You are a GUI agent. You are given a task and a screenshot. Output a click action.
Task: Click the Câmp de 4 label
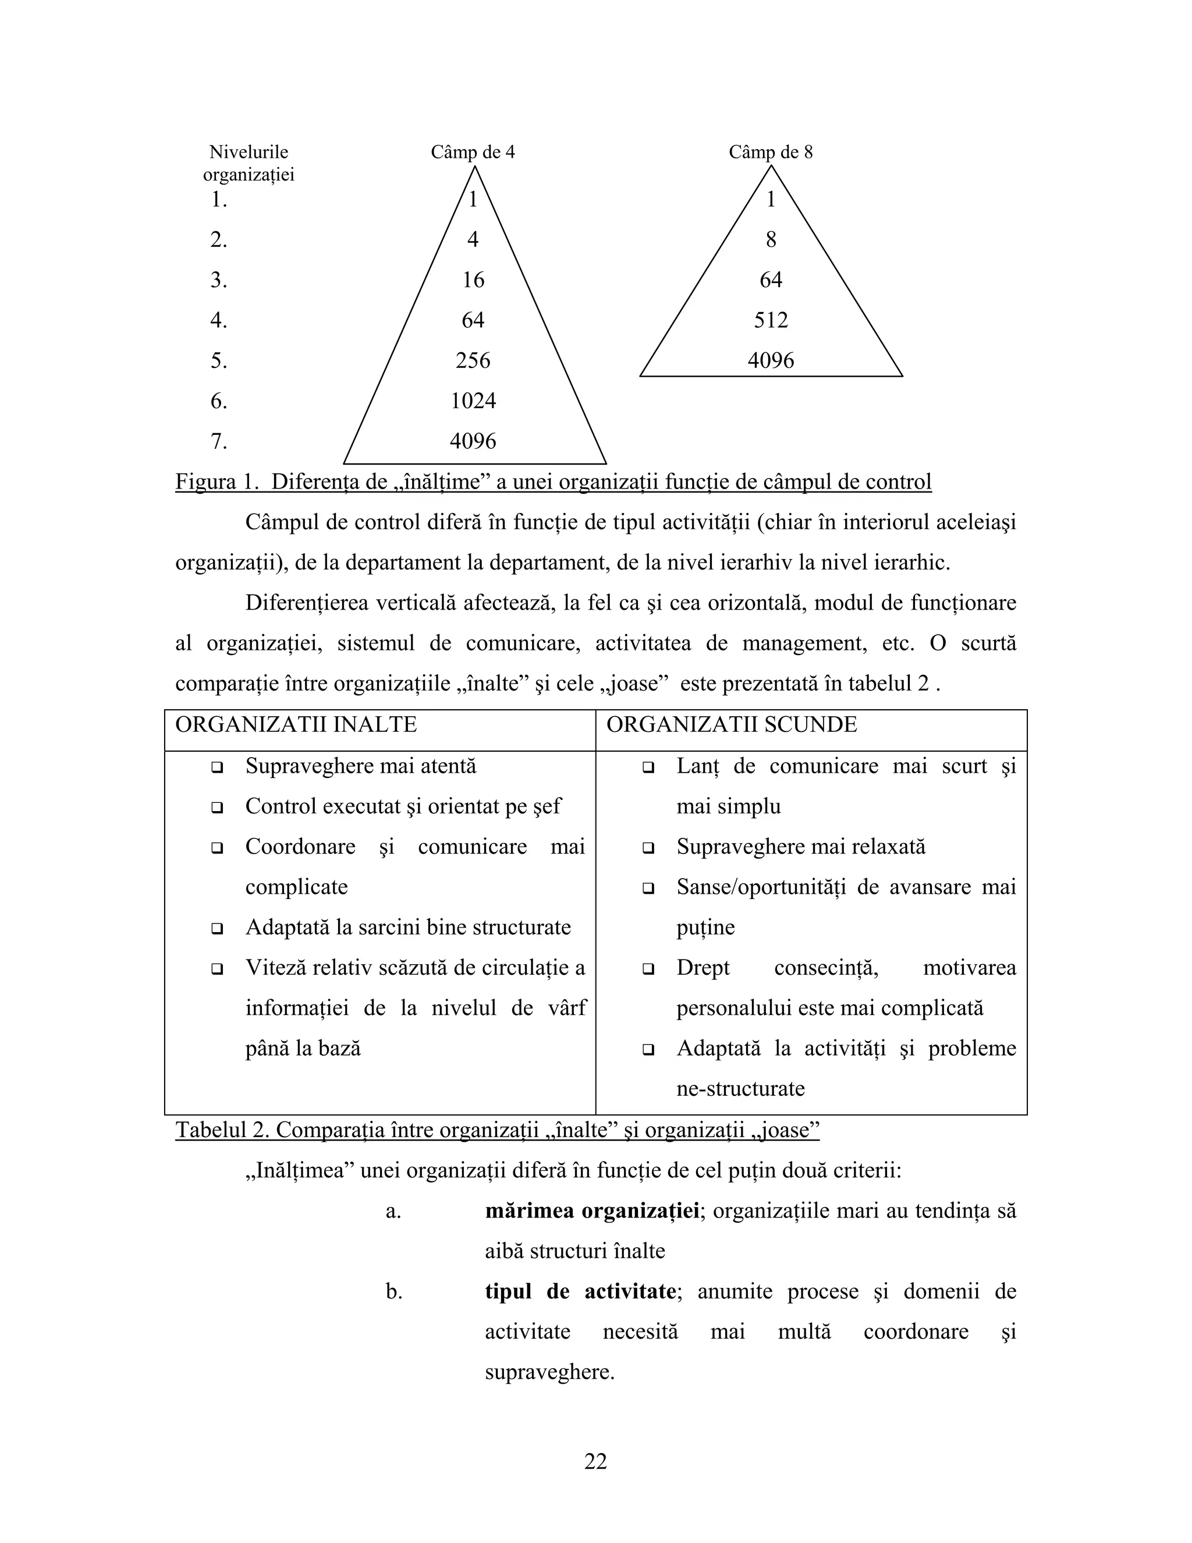pos(473,153)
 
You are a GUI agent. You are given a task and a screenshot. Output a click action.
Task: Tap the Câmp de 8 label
pos(771,153)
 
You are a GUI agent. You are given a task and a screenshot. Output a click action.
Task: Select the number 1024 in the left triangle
pos(473,401)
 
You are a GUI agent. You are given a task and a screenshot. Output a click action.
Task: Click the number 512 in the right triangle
pos(771,321)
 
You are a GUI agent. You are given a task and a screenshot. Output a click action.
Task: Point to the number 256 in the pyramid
pos(473,361)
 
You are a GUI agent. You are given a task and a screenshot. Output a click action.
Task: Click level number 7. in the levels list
pos(219,441)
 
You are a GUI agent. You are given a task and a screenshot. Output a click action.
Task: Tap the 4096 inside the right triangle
pos(771,361)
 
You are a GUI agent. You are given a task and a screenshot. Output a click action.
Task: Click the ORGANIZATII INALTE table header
pos(296,725)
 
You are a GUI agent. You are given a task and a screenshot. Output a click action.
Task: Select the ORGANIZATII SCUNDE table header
pos(732,725)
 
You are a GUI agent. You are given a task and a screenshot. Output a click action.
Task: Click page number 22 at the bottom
pos(595,1461)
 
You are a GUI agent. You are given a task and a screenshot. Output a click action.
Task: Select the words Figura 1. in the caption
pos(217,483)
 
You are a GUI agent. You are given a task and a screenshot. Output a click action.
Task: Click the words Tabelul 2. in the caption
pos(222,1130)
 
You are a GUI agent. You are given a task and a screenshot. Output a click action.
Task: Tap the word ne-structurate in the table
pos(740,1089)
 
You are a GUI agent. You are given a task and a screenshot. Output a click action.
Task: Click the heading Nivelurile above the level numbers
pos(249,153)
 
